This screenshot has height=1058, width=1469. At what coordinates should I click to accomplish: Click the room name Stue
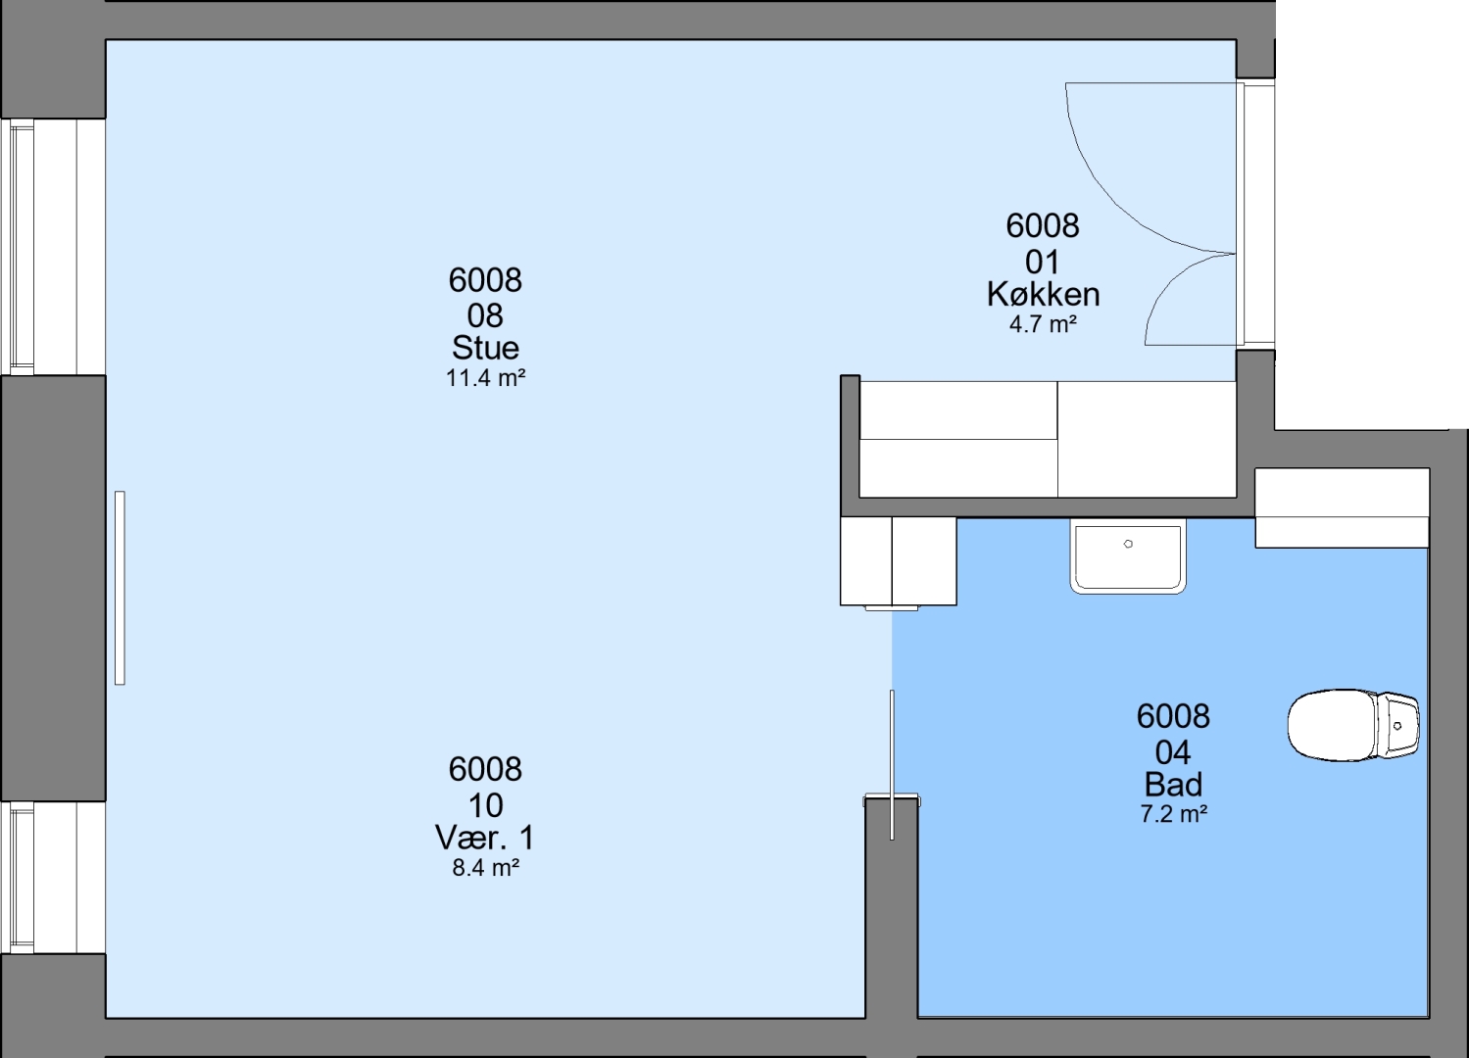485,348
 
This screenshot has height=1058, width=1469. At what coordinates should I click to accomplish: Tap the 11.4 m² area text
486,378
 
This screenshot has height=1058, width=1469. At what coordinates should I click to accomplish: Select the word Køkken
1044,294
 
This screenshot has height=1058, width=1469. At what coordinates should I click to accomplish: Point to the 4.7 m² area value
1043,324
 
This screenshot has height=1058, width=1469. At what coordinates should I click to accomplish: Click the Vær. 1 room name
485,838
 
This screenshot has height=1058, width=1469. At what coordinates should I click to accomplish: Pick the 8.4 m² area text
486,868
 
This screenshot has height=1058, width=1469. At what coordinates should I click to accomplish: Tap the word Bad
1173,784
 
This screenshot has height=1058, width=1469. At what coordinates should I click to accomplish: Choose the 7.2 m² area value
1174,814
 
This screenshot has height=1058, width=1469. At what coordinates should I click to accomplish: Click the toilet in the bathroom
1353,725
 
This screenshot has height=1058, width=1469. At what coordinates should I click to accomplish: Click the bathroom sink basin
1128,555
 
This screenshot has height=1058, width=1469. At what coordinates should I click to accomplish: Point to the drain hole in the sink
1128,544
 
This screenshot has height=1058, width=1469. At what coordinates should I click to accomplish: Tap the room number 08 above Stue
485,316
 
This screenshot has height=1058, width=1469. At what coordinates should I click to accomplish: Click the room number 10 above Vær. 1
485,805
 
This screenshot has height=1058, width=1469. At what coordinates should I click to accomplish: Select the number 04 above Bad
1173,752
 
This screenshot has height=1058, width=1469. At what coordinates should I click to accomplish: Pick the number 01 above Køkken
1043,263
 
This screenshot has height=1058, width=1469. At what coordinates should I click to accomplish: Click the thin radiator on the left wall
120,588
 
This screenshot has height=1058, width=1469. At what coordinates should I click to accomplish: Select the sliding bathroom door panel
892,764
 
